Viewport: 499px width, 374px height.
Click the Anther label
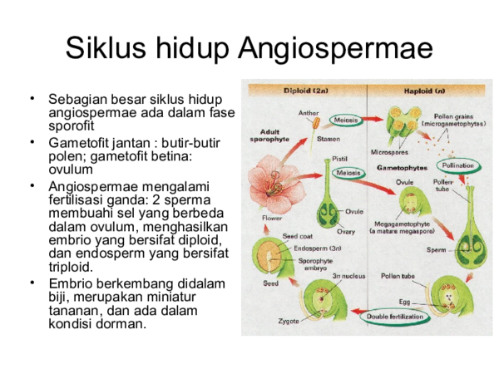pos(308,113)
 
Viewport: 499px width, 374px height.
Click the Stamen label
pos(328,140)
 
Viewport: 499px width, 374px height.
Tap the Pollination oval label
pos(458,166)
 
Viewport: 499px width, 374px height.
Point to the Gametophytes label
pos(397,167)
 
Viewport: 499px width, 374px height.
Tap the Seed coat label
pos(298,236)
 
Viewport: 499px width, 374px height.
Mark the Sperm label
pos(437,248)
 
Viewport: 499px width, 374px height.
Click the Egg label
pos(404,301)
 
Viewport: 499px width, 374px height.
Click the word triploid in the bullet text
pos(71,268)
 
